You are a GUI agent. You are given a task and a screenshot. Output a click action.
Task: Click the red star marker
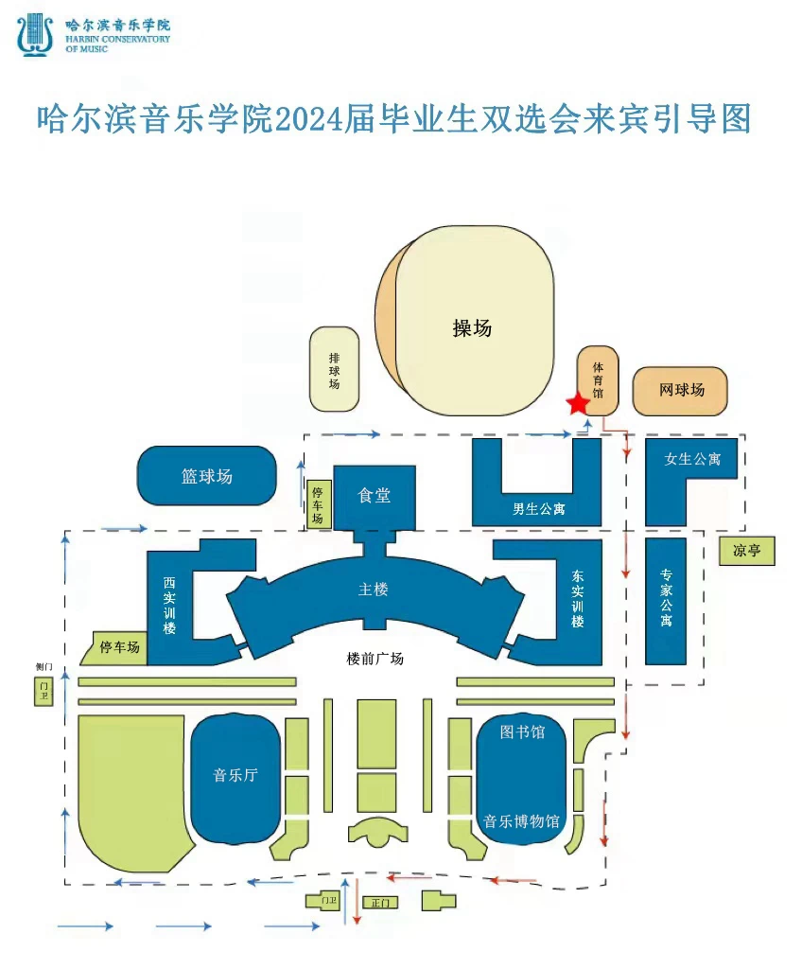[x=577, y=404]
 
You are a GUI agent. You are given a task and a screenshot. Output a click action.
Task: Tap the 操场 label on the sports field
[x=472, y=328]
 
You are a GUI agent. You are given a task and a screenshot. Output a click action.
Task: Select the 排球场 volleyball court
[x=334, y=369]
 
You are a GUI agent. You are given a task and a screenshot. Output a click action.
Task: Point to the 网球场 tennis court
[x=681, y=390]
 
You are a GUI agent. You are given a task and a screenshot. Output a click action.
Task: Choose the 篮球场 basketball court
[x=207, y=476]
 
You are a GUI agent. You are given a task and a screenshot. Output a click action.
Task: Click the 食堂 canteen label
[x=375, y=495]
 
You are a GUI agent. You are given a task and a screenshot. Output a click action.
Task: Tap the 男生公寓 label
[x=538, y=509]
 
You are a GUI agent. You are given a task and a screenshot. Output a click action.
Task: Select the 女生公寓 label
[x=692, y=459]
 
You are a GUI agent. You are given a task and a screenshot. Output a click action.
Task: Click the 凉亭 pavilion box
[x=746, y=551]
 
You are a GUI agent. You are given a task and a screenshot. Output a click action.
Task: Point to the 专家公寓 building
[x=666, y=601]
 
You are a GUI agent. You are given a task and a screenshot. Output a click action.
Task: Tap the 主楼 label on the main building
[x=374, y=590]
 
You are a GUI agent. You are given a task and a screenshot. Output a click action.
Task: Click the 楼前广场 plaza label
[x=375, y=659]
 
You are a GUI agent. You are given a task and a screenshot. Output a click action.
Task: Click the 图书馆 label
[x=522, y=731]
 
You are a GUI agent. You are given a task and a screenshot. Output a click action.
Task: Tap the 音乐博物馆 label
[x=522, y=820]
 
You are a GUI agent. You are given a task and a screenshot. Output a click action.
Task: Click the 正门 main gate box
[x=380, y=903]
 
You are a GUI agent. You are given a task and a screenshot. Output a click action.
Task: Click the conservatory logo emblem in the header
[x=35, y=34]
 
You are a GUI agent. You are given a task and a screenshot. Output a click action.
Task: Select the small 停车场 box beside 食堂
[x=318, y=504]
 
